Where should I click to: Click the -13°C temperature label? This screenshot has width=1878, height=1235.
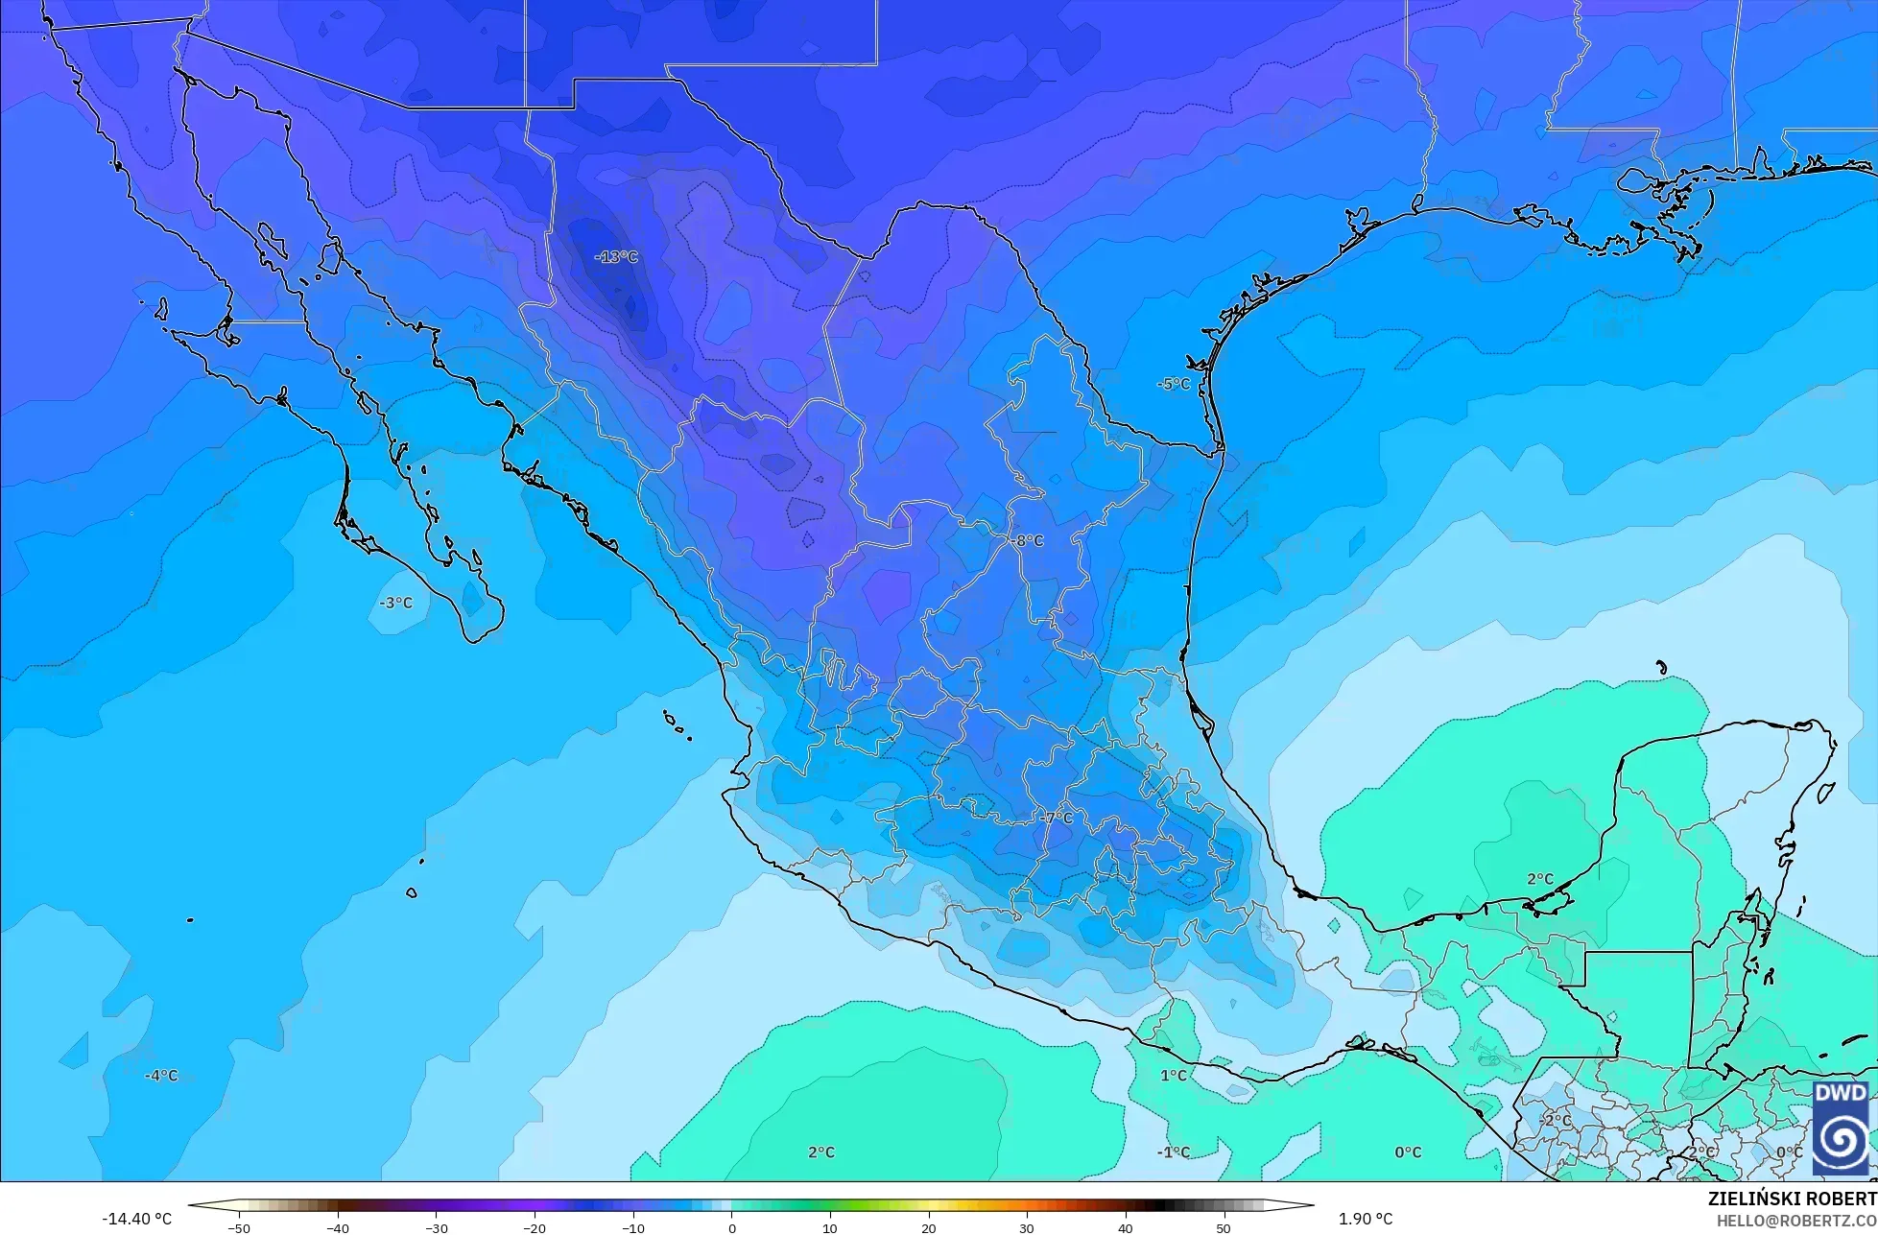click(615, 257)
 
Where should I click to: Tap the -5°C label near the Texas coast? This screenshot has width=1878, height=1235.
click(1173, 384)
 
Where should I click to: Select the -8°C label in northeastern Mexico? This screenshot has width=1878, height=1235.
click(1026, 541)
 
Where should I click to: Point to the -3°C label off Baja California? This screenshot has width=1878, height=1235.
click(395, 603)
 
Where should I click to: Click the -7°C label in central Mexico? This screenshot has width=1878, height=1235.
click(1057, 819)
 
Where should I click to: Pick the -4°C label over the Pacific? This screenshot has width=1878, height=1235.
click(161, 1076)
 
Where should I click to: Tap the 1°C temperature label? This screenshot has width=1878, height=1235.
click(1173, 1076)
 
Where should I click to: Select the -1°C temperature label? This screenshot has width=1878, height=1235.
click(1173, 1152)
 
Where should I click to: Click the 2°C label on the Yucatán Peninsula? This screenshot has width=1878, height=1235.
click(1539, 879)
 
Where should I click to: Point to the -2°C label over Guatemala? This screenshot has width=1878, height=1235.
click(1556, 1120)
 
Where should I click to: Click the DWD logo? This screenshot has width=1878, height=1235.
click(1840, 1128)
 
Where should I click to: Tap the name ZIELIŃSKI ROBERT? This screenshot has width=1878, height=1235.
click(1792, 1199)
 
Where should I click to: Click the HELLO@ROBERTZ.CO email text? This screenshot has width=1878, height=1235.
click(1796, 1221)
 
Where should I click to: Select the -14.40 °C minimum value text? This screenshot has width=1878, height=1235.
click(137, 1220)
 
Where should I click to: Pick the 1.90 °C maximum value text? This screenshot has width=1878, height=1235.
click(1366, 1220)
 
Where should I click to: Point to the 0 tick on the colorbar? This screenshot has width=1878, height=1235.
click(731, 1227)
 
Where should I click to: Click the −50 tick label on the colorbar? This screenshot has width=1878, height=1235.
click(239, 1228)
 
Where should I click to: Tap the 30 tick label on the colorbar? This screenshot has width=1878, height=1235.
click(1026, 1228)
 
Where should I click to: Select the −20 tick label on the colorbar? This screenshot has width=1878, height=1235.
click(534, 1228)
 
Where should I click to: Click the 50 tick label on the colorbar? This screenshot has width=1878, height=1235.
click(1223, 1228)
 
